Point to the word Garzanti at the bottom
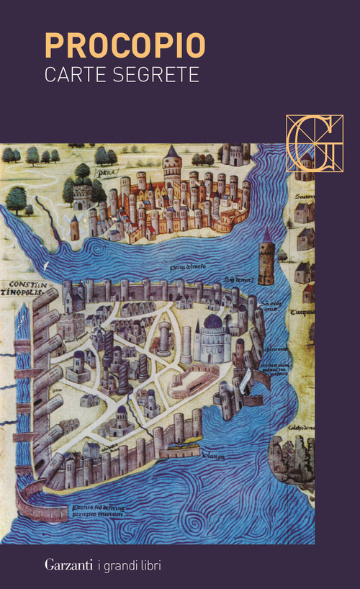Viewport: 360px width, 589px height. pos(71,565)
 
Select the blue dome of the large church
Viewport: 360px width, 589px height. pos(213,322)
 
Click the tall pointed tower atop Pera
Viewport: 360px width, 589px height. pos(172,162)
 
